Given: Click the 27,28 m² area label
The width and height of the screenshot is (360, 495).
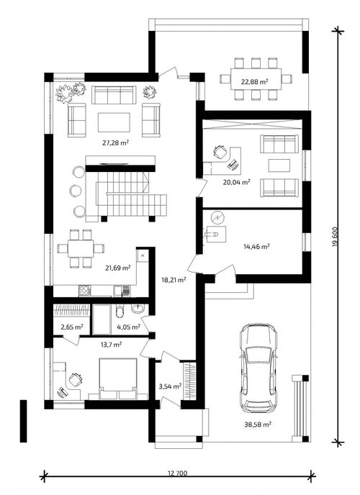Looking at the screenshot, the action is point(115,142).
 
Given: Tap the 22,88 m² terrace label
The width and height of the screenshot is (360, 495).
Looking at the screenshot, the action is point(255,82).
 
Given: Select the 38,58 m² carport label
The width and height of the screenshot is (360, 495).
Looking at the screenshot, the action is point(258,424).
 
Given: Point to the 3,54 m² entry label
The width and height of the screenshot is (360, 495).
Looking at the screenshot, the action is point(170,386).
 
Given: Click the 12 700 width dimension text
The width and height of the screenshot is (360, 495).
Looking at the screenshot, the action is point(177,473).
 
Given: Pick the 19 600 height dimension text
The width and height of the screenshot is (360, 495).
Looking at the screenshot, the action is point(336,237).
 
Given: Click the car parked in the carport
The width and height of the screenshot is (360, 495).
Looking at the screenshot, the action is point(258,368).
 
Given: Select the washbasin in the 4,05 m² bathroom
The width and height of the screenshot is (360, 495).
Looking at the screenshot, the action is point(138,309).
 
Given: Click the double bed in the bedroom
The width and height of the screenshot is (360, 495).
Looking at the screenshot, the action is point(118,378).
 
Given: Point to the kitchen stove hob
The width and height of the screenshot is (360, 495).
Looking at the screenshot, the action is point(85,291).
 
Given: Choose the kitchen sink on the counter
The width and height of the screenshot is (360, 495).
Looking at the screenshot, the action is point(122,291).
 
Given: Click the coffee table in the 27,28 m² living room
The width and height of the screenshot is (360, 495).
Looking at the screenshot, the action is point(114,122).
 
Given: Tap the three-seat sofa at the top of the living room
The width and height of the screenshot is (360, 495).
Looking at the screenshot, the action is point(114,95).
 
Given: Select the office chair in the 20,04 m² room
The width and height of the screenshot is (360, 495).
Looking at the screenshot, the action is point(220,152).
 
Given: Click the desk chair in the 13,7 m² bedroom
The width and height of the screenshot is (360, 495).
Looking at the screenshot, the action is point(76,379).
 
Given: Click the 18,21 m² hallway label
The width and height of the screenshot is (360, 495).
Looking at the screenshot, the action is point(173,279).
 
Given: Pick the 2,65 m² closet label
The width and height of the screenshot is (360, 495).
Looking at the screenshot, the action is point(72,327).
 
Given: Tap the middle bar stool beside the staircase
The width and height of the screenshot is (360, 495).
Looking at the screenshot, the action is point(76,191).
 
